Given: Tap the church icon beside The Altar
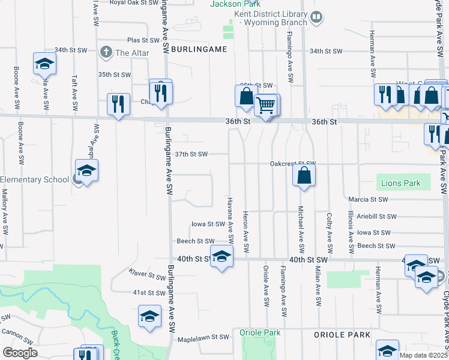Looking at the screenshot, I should pos(106,52).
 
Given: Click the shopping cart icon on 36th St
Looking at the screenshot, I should pos(265,105).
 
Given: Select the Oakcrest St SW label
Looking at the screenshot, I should pos(292,163).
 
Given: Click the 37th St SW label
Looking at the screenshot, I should pos(191,154).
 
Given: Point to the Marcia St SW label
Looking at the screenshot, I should pos(368,199).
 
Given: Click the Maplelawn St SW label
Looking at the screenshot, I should pos(203,338).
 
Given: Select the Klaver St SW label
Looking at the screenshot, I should pos(148,275).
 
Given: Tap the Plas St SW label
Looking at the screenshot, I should pos(143,40).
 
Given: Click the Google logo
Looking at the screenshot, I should pos(20,352).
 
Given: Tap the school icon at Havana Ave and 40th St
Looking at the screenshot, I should pos(221,257).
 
